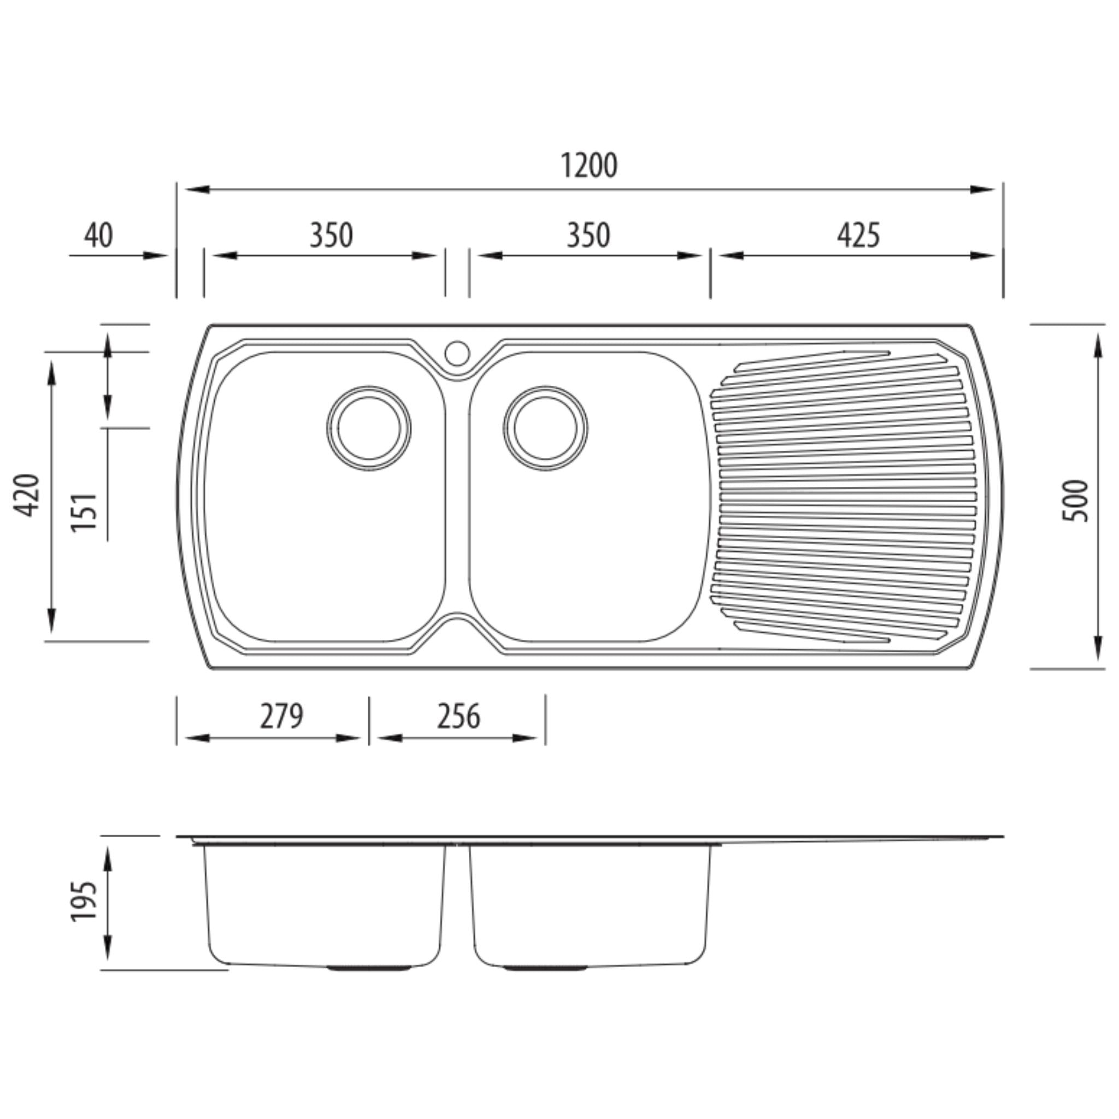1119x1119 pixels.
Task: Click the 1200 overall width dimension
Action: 588,165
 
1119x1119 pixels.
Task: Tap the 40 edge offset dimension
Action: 98,235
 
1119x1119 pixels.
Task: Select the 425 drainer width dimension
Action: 858,235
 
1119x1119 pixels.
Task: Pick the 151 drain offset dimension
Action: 84,512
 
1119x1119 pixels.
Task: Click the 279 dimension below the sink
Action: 281,716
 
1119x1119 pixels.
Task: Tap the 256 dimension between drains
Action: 458,716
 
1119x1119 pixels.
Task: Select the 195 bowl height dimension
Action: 84,902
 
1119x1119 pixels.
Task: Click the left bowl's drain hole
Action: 369,428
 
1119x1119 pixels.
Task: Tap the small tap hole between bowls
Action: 457,354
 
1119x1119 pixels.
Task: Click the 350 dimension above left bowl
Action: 331,235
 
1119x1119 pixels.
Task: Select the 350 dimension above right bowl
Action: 588,235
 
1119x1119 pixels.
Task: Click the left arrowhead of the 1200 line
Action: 196,190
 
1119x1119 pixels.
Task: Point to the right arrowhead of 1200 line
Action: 983,190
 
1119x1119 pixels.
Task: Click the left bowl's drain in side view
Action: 369,968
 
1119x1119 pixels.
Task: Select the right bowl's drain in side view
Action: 546,968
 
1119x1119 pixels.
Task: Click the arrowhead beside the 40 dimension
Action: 155,255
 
